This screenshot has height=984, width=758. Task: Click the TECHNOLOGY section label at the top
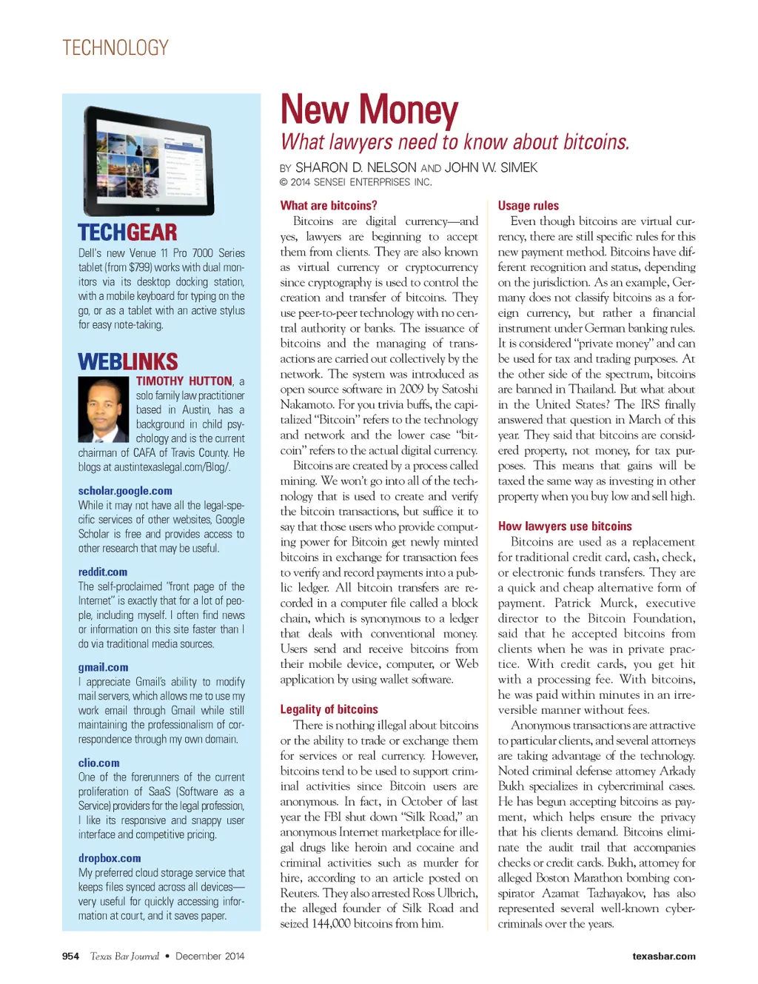tap(115, 48)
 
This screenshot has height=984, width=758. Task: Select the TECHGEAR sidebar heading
tap(127, 232)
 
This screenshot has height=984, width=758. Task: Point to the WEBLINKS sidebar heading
tap(128, 361)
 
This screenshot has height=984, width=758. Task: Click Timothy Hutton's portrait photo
tap(104, 409)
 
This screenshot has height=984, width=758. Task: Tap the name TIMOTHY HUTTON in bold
tap(184, 381)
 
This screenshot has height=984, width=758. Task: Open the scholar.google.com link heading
tap(125, 491)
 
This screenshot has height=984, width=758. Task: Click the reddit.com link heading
tap(103, 572)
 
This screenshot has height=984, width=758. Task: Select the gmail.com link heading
tap(103, 667)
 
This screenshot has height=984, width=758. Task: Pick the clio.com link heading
tap(98, 763)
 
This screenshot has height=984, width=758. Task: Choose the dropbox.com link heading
tap(110, 858)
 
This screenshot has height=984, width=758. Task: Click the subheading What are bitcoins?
tap(329, 206)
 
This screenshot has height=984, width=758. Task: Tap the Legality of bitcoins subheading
tap(329, 709)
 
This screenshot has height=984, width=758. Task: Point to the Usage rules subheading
tap(529, 206)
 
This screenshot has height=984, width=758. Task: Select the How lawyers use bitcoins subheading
tap(565, 526)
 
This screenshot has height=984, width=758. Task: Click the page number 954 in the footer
tap(70, 956)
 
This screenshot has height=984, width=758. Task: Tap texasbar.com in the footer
tap(663, 956)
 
